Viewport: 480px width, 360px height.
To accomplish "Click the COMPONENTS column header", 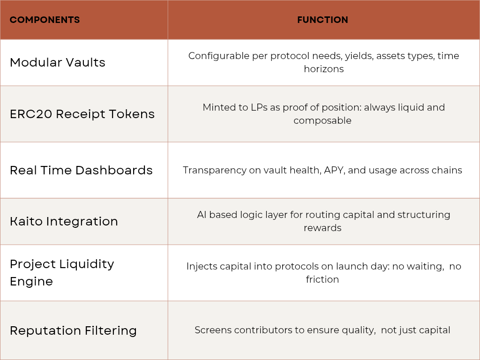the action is click(45, 20).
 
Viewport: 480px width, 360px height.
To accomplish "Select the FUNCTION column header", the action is click(322, 20).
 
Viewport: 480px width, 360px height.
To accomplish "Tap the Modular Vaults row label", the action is click(58, 62).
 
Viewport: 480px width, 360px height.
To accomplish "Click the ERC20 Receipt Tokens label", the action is click(82, 114).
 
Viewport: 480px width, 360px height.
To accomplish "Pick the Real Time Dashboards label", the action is click(81, 170).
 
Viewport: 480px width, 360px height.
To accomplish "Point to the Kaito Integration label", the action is click(64, 221).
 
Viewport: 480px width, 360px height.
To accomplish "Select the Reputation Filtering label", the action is click(73, 330).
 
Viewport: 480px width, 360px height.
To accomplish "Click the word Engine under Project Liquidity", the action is click(31, 282).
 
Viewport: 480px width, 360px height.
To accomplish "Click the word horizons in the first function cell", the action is click(324, 69).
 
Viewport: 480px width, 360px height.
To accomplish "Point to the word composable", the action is click(322, 120).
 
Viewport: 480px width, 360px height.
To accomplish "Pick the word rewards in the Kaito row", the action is click(322, 228).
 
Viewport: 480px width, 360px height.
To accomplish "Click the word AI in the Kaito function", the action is click(202, 215).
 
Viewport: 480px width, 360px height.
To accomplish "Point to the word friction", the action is click(322, 279).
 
